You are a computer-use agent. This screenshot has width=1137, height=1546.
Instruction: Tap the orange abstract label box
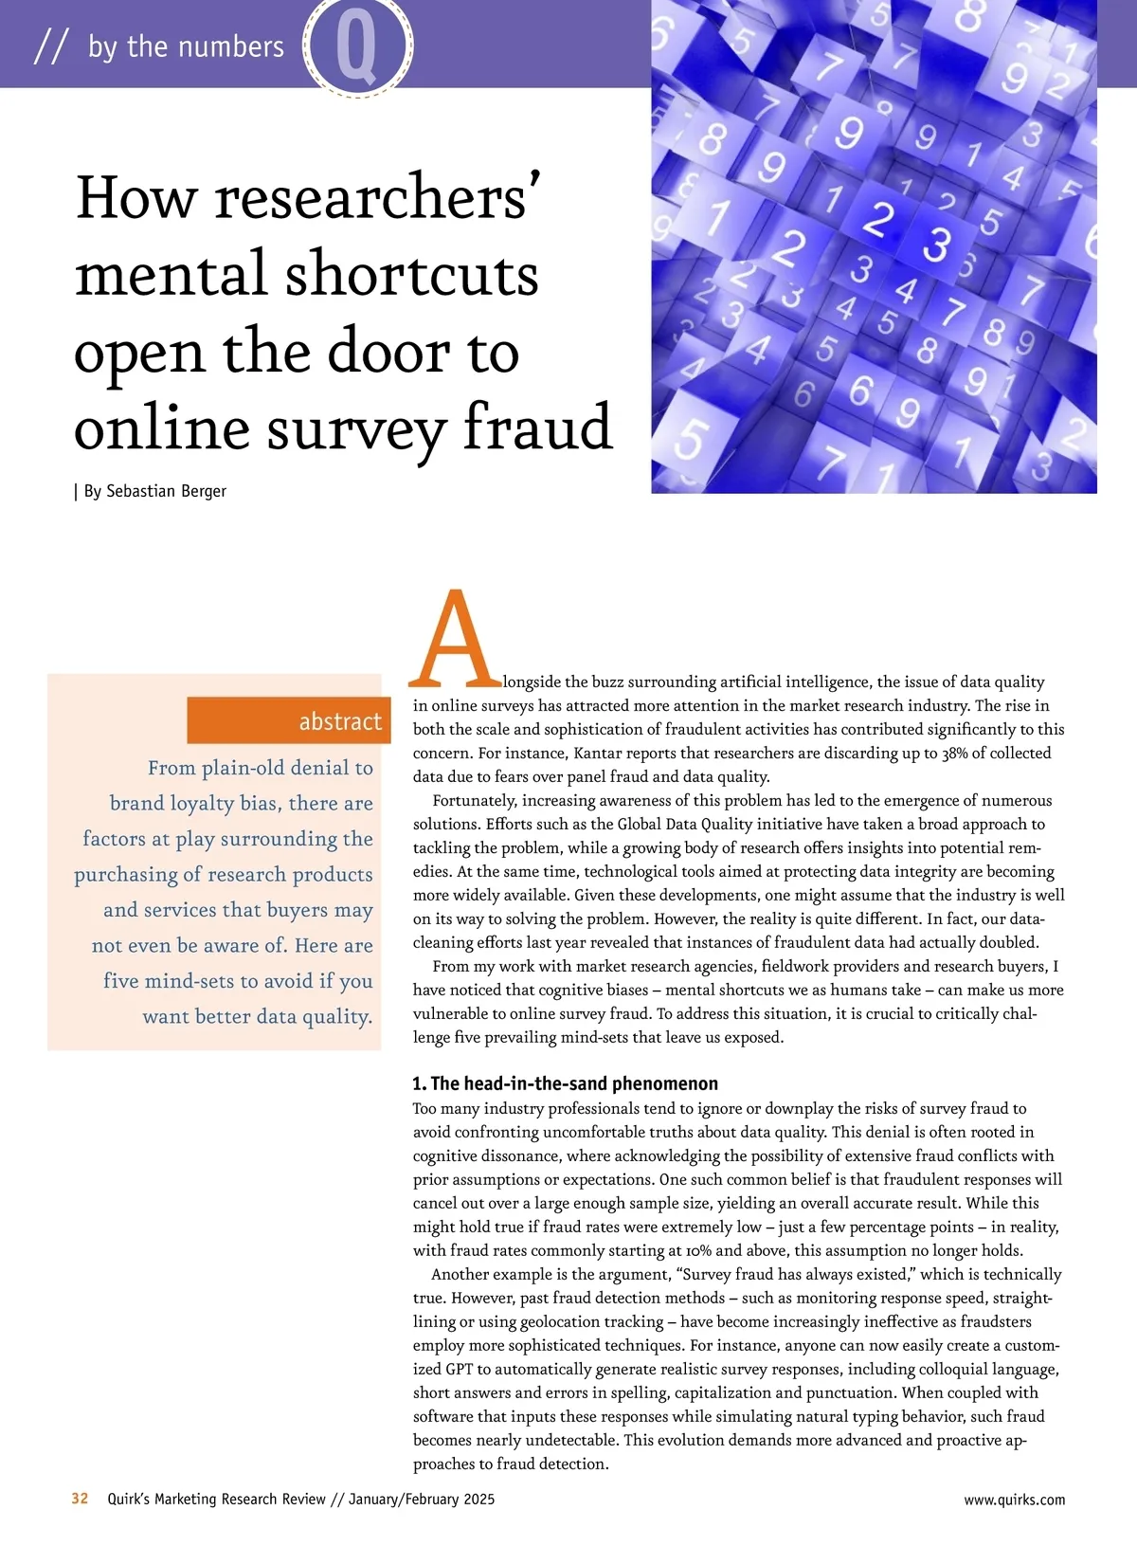(x=284, y=720)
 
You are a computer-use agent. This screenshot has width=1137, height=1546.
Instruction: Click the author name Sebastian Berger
(x=166, y=491)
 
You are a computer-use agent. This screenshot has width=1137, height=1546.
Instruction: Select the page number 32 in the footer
(x=81, y=1499)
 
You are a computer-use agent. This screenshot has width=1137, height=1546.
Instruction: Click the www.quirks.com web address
(x=1014, y=1500)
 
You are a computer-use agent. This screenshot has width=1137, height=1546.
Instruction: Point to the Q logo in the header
(x=357, y=45)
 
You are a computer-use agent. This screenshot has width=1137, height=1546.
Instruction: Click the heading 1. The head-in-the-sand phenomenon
(x=566, y=1083)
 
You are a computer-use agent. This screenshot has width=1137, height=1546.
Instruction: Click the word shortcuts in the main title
(x=412, y=275)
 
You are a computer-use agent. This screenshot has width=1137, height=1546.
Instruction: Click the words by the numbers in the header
(x=186, y=46)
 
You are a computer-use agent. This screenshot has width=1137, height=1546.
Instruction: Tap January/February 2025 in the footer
(x=422, y=1500)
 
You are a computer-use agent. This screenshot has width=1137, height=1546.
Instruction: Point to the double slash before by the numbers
(x=50, y=46)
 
